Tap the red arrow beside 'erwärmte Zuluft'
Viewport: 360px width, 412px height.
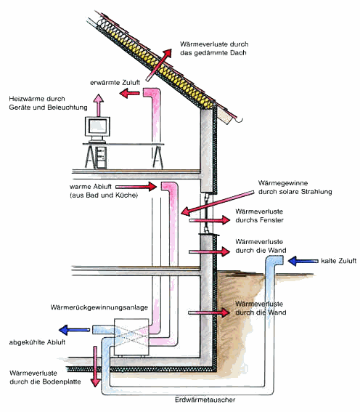(130, 94)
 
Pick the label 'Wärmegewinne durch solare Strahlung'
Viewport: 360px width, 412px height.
(295, 187)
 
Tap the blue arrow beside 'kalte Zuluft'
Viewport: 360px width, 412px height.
(300, 259)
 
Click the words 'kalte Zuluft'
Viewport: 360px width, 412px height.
(337, 259)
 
